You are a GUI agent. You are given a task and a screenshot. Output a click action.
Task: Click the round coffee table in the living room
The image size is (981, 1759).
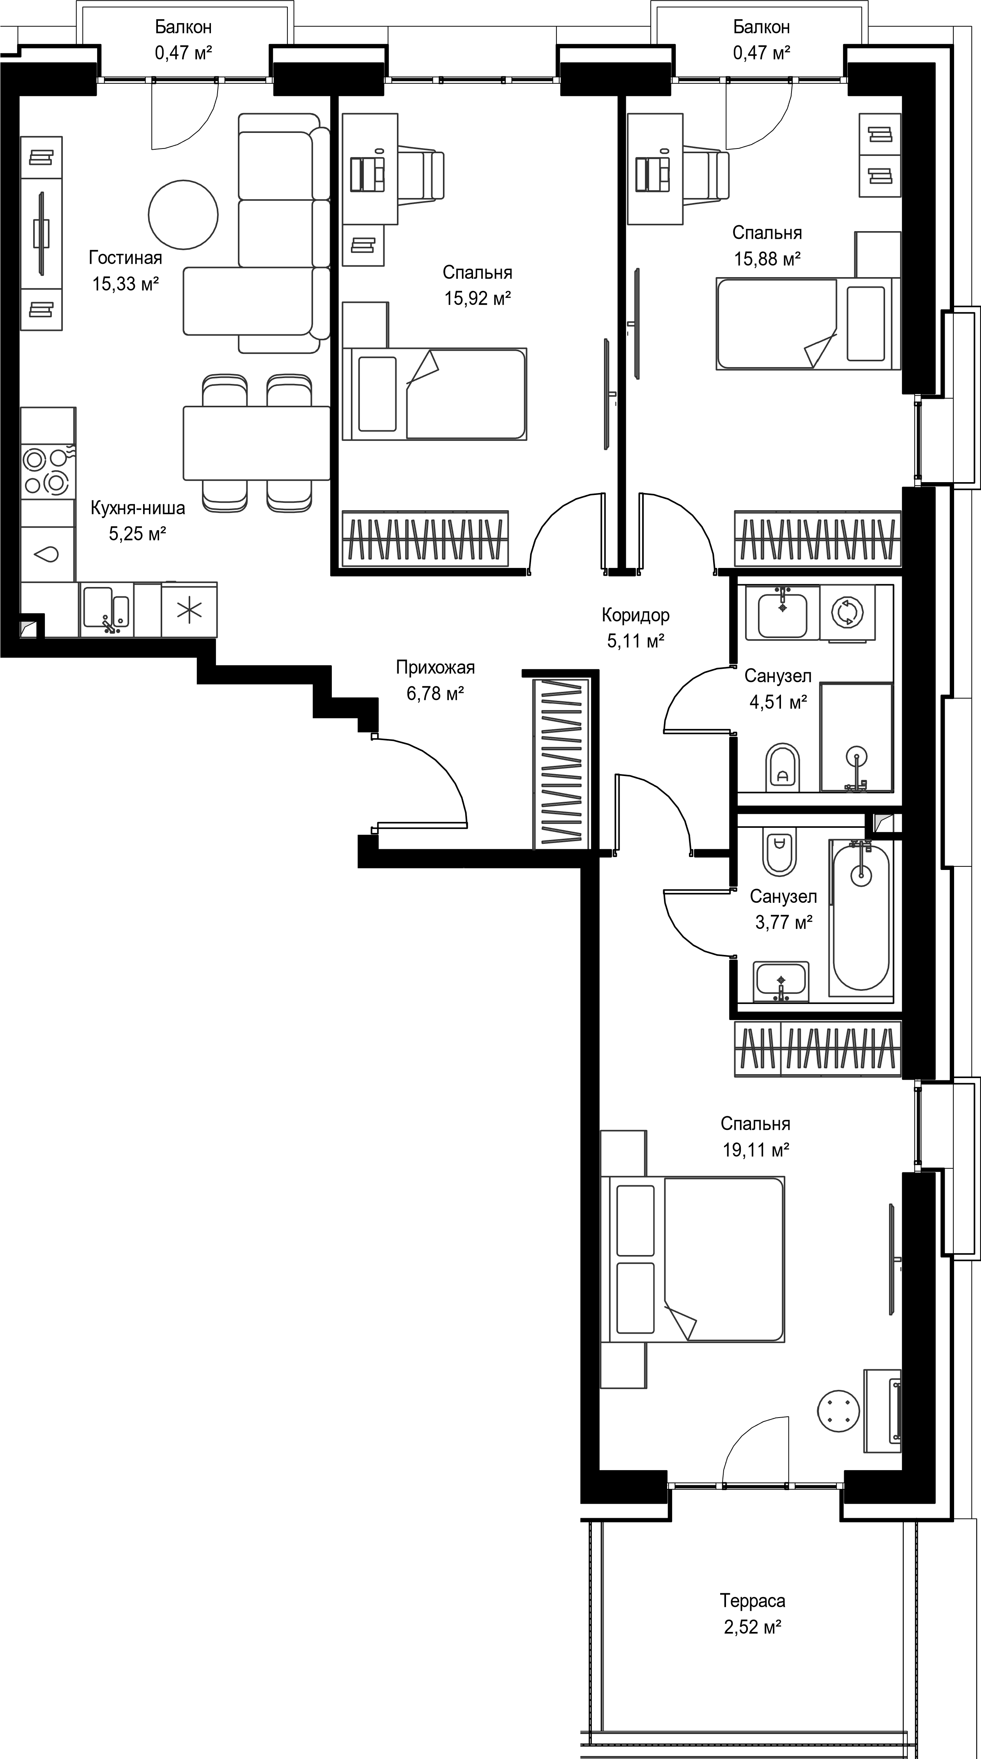[184, 214]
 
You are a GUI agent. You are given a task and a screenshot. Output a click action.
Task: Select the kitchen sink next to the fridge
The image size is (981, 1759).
[106, 609]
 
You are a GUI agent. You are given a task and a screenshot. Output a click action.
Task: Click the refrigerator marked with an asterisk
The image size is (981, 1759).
[189, 610]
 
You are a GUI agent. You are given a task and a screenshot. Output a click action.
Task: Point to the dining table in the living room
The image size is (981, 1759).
[257, 443]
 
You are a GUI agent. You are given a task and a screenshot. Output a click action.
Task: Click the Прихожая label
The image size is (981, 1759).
[435, 667]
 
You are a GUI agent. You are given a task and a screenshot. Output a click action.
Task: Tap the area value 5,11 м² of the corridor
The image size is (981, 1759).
[636, 640]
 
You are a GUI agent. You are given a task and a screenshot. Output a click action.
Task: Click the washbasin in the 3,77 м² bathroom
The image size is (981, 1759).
[781, 981]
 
